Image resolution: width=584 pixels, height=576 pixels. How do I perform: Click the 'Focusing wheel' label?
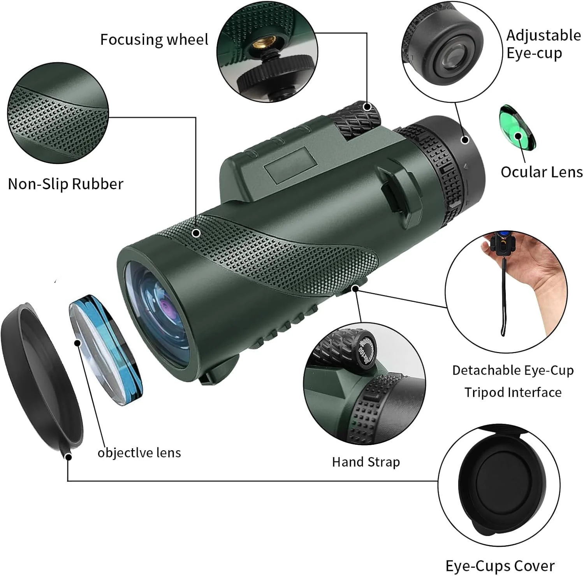click(154, 40)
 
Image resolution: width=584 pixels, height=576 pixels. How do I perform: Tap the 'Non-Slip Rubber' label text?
click(65, 184)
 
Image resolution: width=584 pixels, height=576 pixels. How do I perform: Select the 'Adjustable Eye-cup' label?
click(543, 44)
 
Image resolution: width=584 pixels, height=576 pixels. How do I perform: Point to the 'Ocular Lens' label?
click(541, 172)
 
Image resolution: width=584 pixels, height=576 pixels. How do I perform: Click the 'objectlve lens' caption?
click(139, 453)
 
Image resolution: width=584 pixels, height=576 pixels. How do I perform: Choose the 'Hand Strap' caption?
click(366, 462)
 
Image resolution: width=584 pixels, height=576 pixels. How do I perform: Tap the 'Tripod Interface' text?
click(513, 392)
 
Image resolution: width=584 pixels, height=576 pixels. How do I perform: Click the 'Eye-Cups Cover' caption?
click(500, 565)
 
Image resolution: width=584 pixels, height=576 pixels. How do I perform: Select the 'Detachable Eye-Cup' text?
click(513, 370)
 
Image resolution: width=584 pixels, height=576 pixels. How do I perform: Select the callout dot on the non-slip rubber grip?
click(197, 233)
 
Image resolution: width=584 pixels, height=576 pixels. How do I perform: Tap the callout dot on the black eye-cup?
click(465, 139)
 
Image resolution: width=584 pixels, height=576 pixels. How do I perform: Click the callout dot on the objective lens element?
click(77, 343)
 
